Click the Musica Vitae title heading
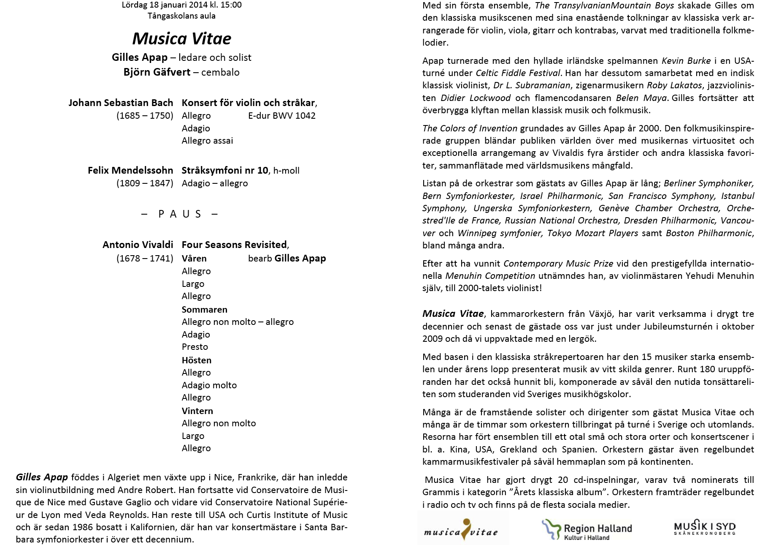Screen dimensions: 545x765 (181, 39)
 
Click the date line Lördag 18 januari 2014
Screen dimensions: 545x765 (181, 5)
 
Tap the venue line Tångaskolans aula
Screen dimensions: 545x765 (181, 16)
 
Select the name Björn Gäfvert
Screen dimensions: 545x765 (157, 72)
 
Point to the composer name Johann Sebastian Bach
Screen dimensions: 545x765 (121, 103)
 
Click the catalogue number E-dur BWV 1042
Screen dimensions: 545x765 (281, 116)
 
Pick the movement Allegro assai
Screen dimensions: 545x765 (207, 141)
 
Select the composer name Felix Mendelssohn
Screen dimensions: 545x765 (130, 170)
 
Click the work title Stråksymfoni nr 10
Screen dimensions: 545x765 (224, 170)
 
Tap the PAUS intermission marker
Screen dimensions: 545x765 (180, 214)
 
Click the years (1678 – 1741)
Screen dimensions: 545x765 (145, 259)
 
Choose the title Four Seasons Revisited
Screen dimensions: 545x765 (234, 245)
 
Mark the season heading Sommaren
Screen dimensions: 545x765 (204, 310)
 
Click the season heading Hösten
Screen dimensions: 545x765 (196, 360)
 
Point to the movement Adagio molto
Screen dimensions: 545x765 (209, 385)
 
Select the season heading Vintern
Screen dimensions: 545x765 (197, 411)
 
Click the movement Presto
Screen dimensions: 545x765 (195, 347)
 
